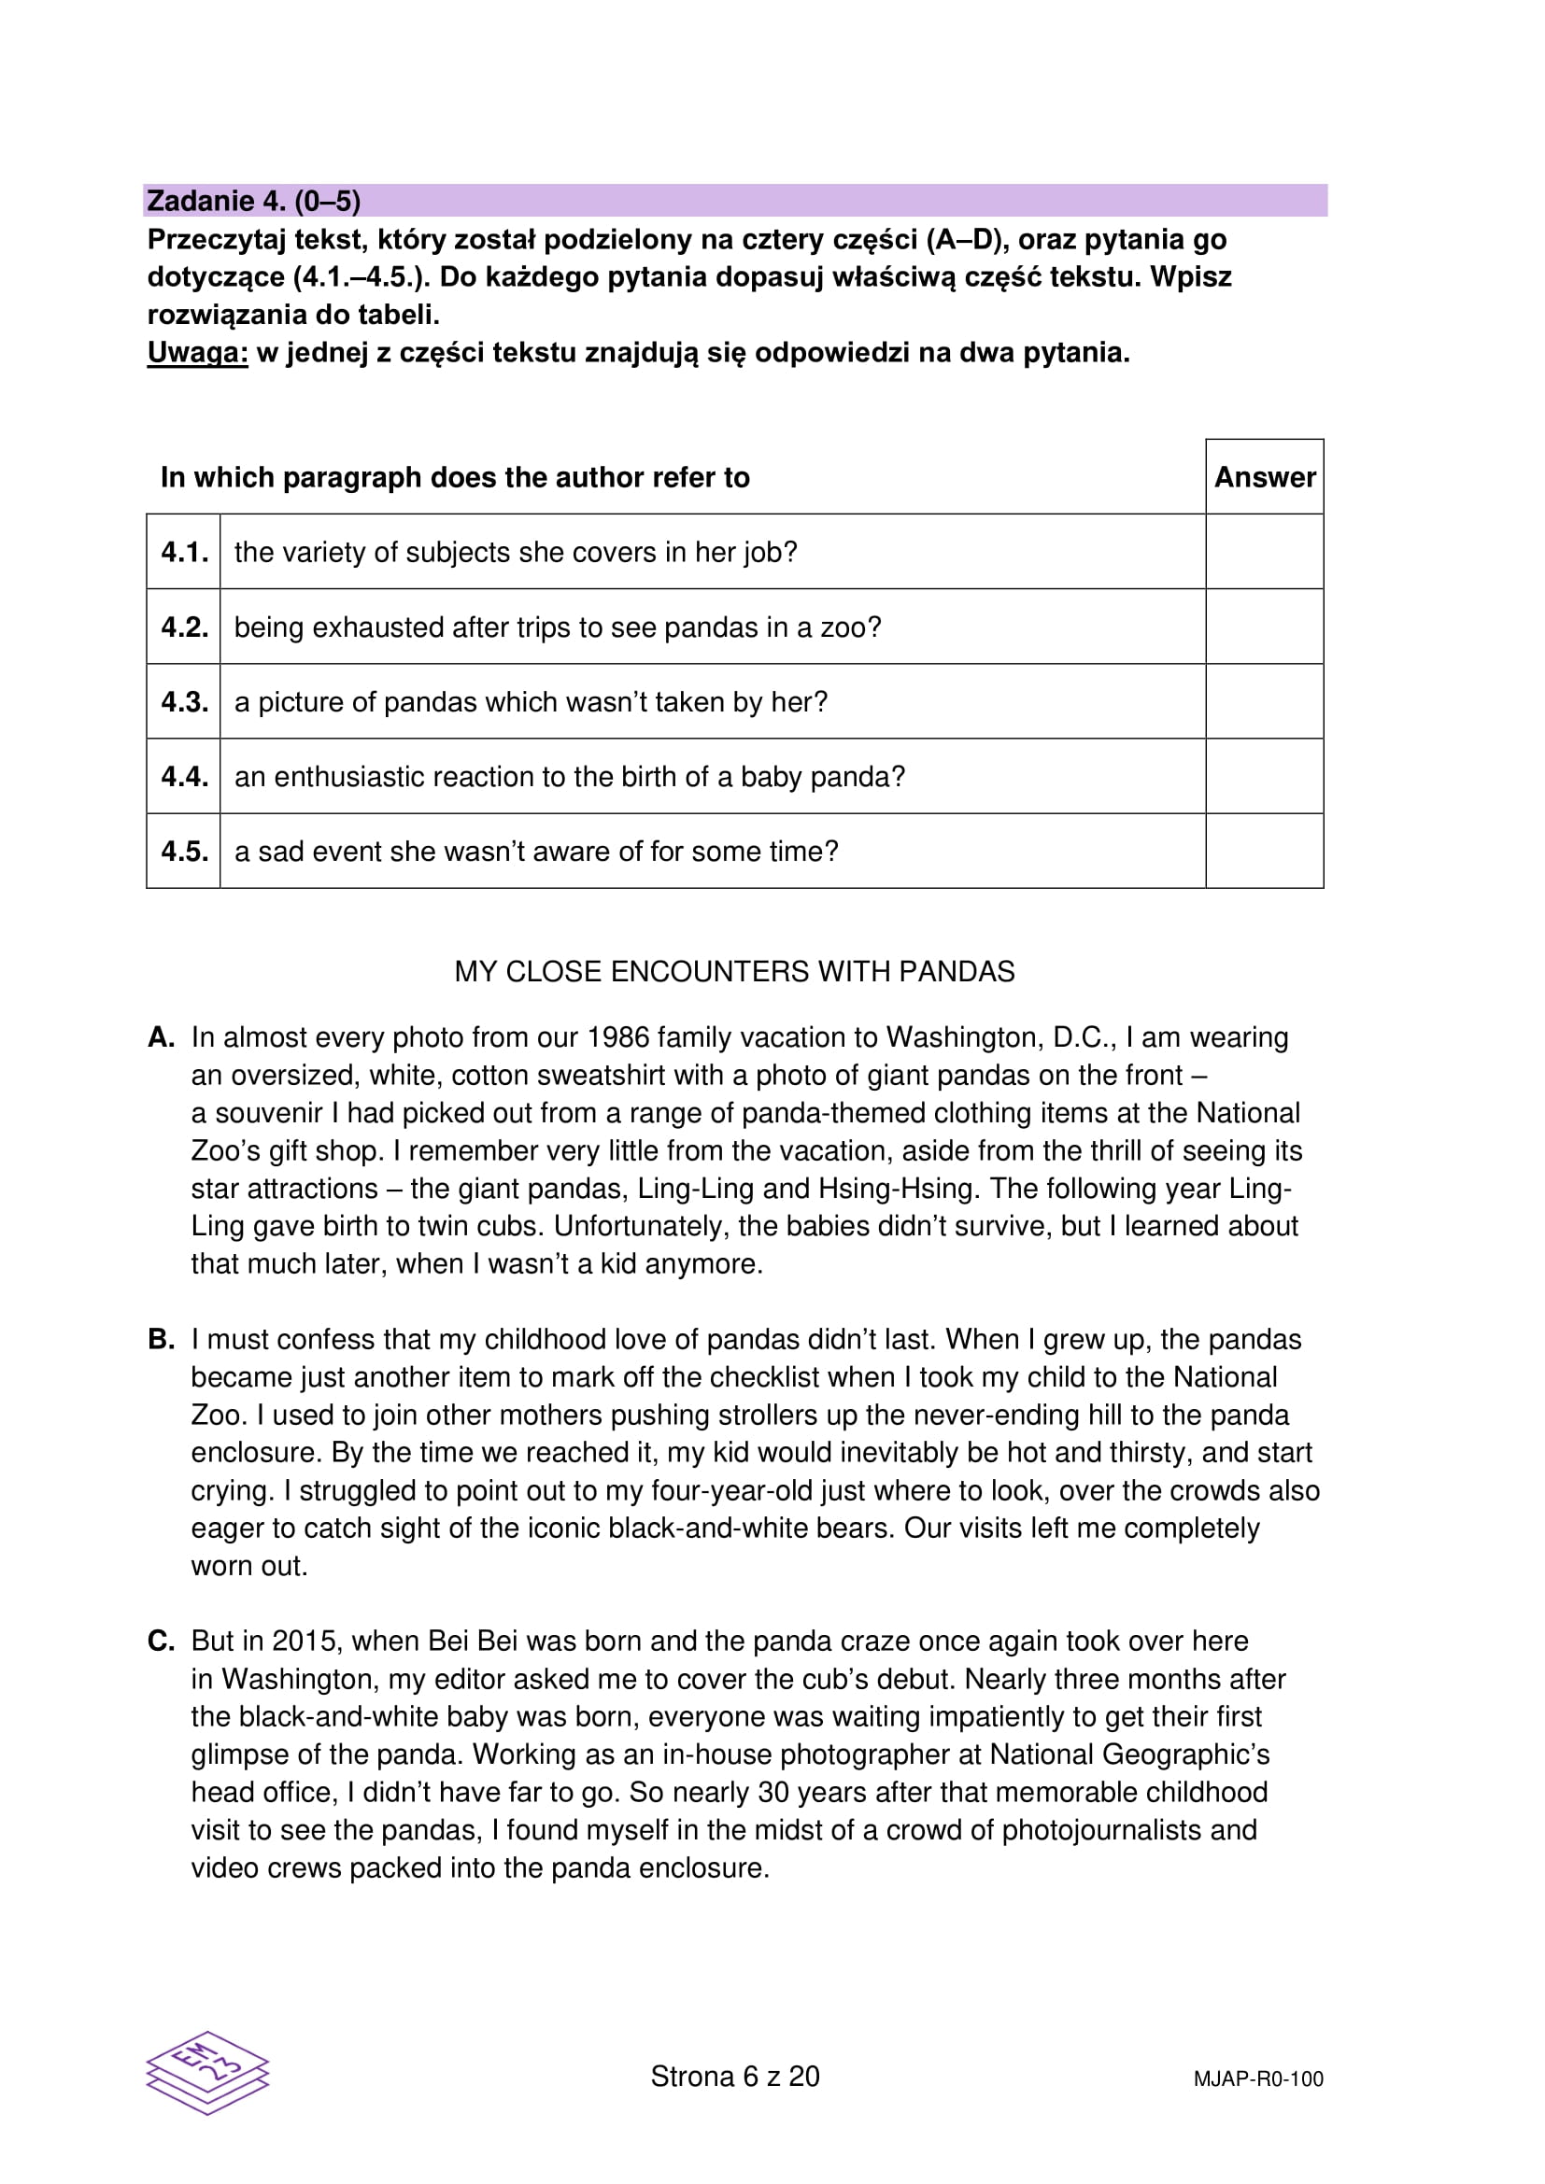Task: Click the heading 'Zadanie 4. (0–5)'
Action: click(254, 201)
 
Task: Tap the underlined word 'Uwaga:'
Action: click(198, 353)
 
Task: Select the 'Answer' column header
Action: click(1265, 476)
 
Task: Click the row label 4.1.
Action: click(185, 552)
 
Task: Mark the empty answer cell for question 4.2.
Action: click(1265, 627)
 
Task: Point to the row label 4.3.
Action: click(185, 702)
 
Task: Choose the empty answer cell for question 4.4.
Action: click(1265, 776)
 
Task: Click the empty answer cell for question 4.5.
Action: click(1265, 852)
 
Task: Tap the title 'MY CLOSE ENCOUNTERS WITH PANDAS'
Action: click(734, 971)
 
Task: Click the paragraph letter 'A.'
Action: click(162, 1036)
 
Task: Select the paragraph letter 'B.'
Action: click(162, 1339)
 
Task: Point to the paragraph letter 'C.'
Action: click(162, 1641)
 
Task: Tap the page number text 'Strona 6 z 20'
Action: click(734, 2077)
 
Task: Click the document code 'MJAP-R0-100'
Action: click(1257, 2079)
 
